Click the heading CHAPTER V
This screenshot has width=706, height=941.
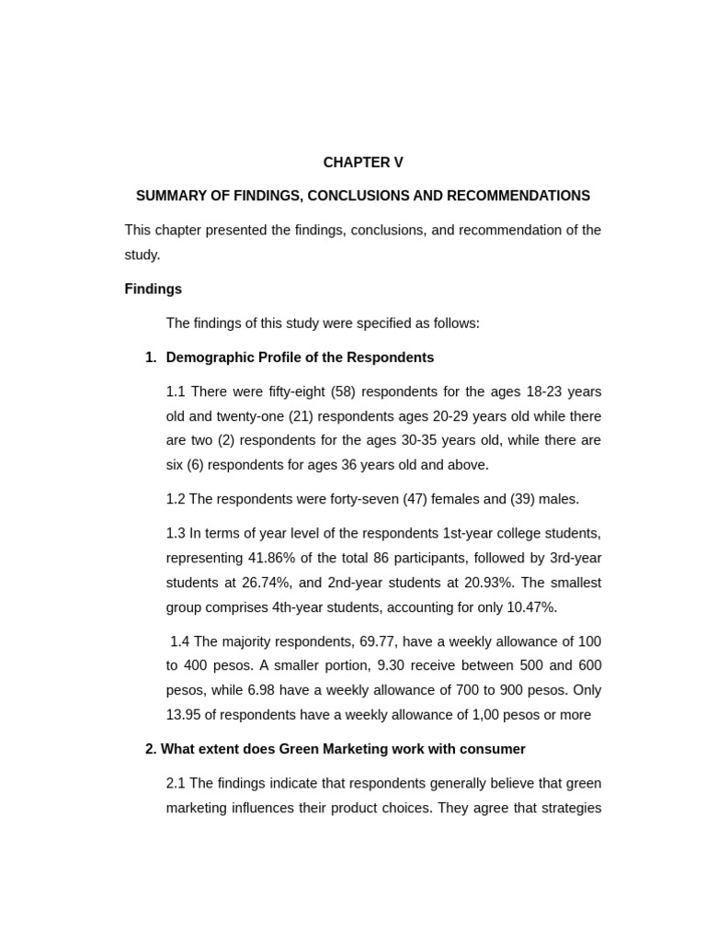tap(362, 163)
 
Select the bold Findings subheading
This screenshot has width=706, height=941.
tap(153, 289)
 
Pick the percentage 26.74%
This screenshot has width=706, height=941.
tap(273, 583)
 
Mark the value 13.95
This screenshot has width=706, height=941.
tap(185, 715)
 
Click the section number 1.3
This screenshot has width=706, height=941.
tap(176, 533)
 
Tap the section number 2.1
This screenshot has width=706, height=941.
tap(176, 783)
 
